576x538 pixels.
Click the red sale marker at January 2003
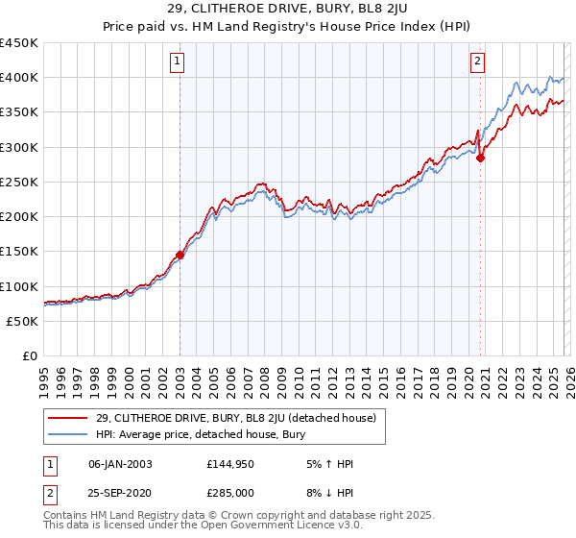click(x=180, y=256)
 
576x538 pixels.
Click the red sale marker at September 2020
click(x=480, y=159)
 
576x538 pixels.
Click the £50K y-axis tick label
click(x=23, y=321)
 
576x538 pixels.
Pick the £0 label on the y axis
click(x=30, y=355)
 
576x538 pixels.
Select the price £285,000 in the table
click(x=231, y=496)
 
